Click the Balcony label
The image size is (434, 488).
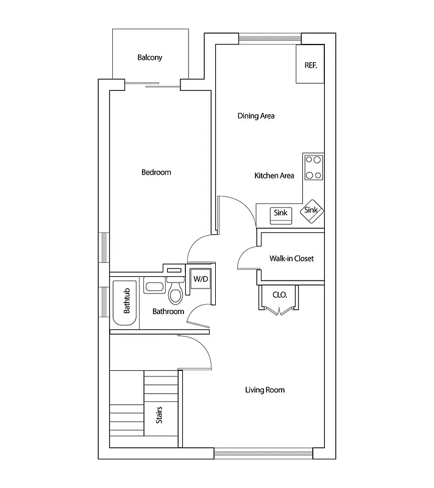point(149,58)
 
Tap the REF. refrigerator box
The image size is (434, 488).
point(310,64)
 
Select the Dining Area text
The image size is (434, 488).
point(256,115)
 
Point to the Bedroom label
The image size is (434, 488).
point(156,173)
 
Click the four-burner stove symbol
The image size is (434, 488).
point(314,168)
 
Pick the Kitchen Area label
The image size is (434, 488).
point(274,176)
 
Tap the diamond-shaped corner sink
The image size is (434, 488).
point(311,210)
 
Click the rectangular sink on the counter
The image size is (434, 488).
point(280,213)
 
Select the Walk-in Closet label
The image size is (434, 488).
point(291,259)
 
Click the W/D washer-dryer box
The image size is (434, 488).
point(200,279)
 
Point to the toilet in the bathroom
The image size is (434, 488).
point(176,295)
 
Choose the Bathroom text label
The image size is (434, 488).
point(168,312)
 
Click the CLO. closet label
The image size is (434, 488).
point(279,295)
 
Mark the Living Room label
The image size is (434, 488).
point(265,390)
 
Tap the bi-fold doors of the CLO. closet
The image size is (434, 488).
point(279,312)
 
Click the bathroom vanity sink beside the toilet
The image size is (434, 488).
point(154,285)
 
